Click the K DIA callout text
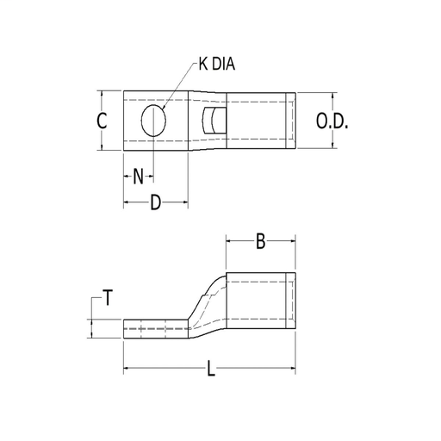click(217, 64)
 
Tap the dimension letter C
click(102, 121)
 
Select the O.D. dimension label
click(332, 121)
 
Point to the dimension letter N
click(138, 177)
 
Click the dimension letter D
click(156, 202)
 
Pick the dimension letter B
click(260, 241)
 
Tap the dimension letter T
click(108, 298)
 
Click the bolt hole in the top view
click(153, 121)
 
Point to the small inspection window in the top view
click(214, 121)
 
